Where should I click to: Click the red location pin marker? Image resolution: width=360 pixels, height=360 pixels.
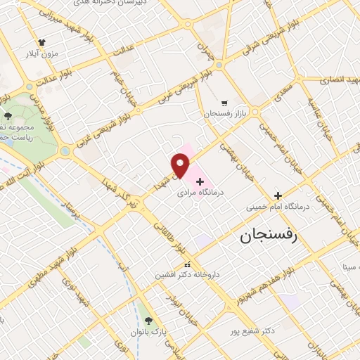pyautogui.click(x=181, y=165)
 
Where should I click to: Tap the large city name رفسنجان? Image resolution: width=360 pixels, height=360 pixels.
pyautogui.click(x=269, y=236)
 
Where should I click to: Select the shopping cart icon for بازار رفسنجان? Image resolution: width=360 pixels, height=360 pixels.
pyautogui.click(x=224, y=102)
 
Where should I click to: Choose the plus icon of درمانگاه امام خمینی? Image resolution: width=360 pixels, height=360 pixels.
pyautogui.click(x=278, y=195)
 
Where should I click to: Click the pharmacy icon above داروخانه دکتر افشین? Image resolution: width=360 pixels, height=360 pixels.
pyautogui.click(x=186, y=265)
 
